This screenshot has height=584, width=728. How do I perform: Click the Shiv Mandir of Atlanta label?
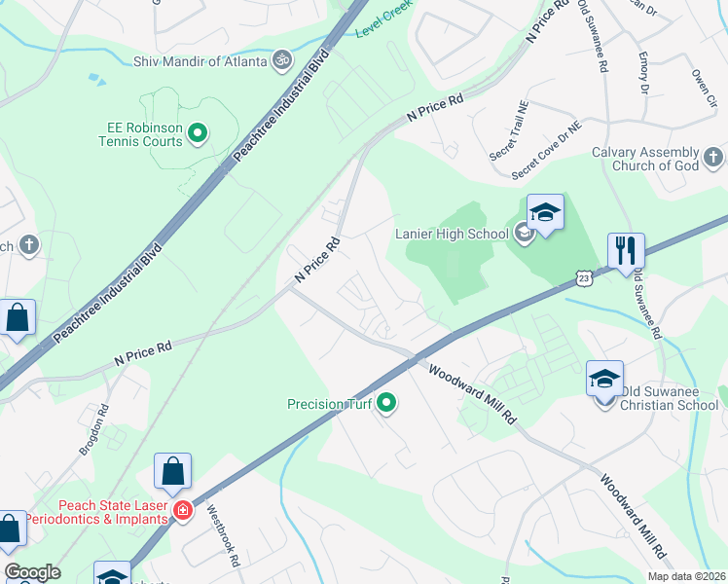pos(200,61)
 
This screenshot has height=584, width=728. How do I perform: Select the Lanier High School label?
pos(452,234)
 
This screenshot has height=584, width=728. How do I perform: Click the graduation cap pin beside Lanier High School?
pos(546,213)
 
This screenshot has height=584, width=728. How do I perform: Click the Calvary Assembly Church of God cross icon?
pos(713,156)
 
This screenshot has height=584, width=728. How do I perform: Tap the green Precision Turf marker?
pos(387,402)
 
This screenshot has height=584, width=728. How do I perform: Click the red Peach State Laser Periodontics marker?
pos(181,510)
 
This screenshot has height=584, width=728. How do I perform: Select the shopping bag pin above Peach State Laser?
pos(172,472)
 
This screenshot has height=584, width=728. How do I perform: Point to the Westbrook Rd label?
pos(222,535)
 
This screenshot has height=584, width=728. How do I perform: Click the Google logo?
pos(32,572)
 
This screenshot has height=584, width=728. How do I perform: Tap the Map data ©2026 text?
pos(685,576)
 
